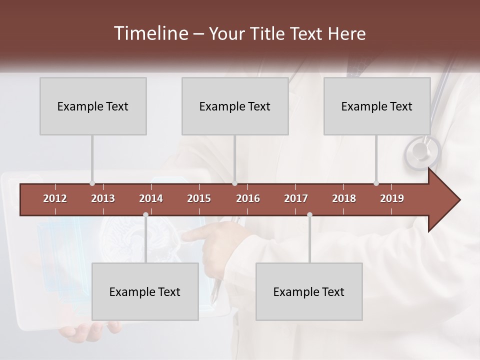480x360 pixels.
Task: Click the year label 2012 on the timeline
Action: pyautogui.click(x=55, y=198)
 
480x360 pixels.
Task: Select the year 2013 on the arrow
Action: pyautogui.click(x=103, y=198)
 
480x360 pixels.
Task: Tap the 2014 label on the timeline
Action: pyautogui.click(x=151, y=198)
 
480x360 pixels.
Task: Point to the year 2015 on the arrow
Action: pyautogui.click(x=199, y=198)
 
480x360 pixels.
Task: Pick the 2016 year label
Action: pyautogui.click(x=248, y=198)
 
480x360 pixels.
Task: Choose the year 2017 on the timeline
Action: pyautogui.click(x=296, y=198)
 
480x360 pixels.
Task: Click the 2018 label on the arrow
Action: pyautogui.click(x=344, y=198)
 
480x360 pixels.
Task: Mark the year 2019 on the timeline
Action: pyautogui.click(x=392, y=198)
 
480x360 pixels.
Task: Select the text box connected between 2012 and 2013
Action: pyautogui.click(x=93, y=106)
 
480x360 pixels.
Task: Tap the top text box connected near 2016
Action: pyautogui.click(x=235, y=106)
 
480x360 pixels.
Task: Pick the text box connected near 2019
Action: pyautogui.click(x=377, y=106)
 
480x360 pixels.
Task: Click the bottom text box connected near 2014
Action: pyautogui.click(x=145, y=291)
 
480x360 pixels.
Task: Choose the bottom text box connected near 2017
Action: pyautogui.click(x=309, y=291)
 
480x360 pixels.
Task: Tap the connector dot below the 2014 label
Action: pyautogui.click(x=145, y=214)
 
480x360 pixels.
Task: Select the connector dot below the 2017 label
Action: pyautogui.click(x=309, y=214)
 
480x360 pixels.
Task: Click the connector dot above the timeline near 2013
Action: pyautogui.click(x=92, y=183)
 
